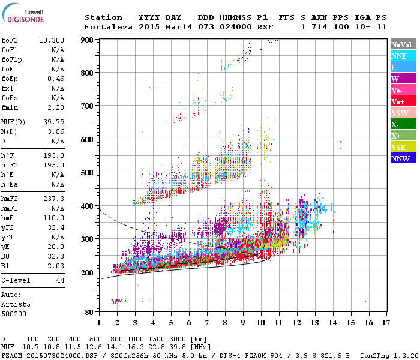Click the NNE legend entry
pos(398,56)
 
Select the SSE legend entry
pos(398,147)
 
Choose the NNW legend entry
pos(400,158)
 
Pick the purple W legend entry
pos(395,79)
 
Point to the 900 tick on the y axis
pos(88,40)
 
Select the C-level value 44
pos(60,280)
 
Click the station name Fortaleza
pos(107,27)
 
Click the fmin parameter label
pos(10,107)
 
